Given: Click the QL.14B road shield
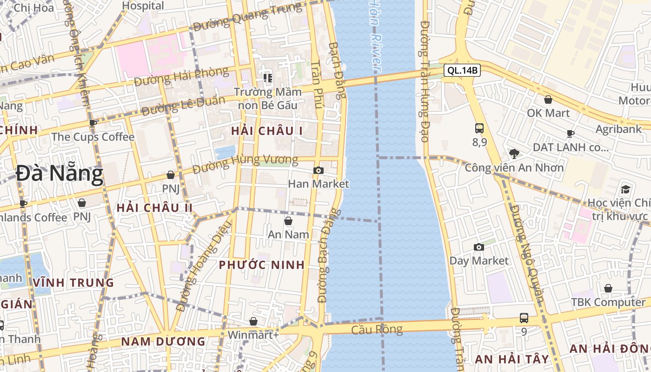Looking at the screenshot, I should [x=462, y=71].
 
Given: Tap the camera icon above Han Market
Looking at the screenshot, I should [x=318, y=171].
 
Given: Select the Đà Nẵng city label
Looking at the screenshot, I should [x=59, y=174].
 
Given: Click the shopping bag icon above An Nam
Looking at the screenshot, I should [x=288, y=221].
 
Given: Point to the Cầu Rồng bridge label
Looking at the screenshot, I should [x=377, y=330].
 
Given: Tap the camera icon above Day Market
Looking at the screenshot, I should [x=478, y=247].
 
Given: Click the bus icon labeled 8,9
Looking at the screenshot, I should [x=479, y=128].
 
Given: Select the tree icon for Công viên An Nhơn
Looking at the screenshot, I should [x=514, y=153].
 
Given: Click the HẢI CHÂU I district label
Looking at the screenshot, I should [x=267, y=131].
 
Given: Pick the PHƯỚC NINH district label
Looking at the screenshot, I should [x=262, y=265].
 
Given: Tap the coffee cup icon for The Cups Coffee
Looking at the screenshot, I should [x=93, y=123].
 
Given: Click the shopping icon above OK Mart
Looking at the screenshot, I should [x=548, y=100].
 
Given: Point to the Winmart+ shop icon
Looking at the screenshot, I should [x=253, y=321].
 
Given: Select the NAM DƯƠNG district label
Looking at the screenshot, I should [x=163, y=341].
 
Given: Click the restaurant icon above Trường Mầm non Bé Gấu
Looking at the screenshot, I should [x=267, y=78].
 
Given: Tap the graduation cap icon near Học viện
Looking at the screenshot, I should [x=625, y=189].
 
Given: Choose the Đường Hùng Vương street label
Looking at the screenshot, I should [x=245, y=163].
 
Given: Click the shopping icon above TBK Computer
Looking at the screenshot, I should [x=608, y=288].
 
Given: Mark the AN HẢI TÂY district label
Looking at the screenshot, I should [x=511, y=359].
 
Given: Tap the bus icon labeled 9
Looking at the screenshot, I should [x=524, y=318].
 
